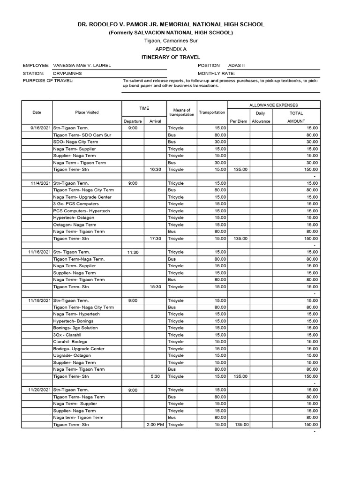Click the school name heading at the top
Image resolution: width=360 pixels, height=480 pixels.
tap(171, 24)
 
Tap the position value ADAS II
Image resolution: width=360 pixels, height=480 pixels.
tap(236, 66)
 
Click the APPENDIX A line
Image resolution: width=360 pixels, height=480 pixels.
tap(171, 49)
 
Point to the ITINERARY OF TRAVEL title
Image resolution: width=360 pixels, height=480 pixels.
tap(171, 57)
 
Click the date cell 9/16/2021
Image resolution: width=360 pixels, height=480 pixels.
tap(40, 128)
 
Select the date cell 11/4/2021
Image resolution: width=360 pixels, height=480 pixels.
tap(40, 183)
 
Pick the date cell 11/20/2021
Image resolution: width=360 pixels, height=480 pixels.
tap(39, 390)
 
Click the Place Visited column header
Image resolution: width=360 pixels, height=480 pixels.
tap(87, 112)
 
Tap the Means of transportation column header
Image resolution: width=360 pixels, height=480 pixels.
tap(181, 112)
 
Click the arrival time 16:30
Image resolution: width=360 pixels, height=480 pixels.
tap(155, 170)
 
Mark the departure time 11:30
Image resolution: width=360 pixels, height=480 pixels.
tap(133, 252)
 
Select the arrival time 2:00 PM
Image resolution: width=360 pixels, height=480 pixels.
tap(155, 425)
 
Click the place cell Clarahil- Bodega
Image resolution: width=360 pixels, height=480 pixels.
tap(70, 342)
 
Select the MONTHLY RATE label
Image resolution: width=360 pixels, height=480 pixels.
tap(216, 74)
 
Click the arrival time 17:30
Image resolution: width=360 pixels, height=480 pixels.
tap(155, 239)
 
